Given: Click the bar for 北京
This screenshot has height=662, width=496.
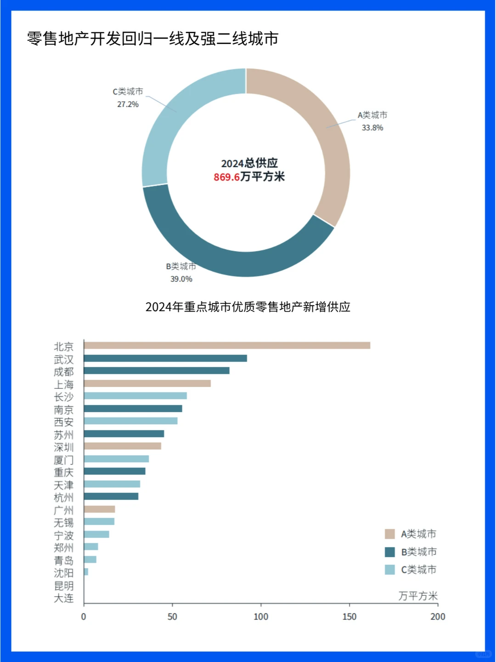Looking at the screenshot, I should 227,345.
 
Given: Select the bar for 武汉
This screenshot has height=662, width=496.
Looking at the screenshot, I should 165,358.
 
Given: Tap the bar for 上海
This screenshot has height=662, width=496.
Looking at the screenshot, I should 147,383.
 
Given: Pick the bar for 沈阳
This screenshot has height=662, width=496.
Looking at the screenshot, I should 86,571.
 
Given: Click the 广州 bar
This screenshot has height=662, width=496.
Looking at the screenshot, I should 99,509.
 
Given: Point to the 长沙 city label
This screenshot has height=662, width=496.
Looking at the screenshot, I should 63,397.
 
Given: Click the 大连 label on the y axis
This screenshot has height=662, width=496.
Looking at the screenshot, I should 63,598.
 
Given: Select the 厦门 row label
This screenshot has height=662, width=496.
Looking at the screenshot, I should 63,460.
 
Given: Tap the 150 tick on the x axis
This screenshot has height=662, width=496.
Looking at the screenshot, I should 349,616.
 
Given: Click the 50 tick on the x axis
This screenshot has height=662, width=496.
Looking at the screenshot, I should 172,616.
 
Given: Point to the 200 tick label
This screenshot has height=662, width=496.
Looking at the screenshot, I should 437,616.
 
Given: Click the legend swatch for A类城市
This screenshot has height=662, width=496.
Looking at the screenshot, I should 389,534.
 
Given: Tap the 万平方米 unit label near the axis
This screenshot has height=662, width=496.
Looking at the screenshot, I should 417,596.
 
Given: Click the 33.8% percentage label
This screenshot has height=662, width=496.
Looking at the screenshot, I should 372,127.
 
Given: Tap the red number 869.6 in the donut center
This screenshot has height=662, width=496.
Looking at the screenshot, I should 226,177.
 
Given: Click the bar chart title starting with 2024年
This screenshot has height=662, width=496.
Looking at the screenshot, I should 248,307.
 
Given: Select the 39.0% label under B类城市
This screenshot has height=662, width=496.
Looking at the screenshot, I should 181,279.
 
